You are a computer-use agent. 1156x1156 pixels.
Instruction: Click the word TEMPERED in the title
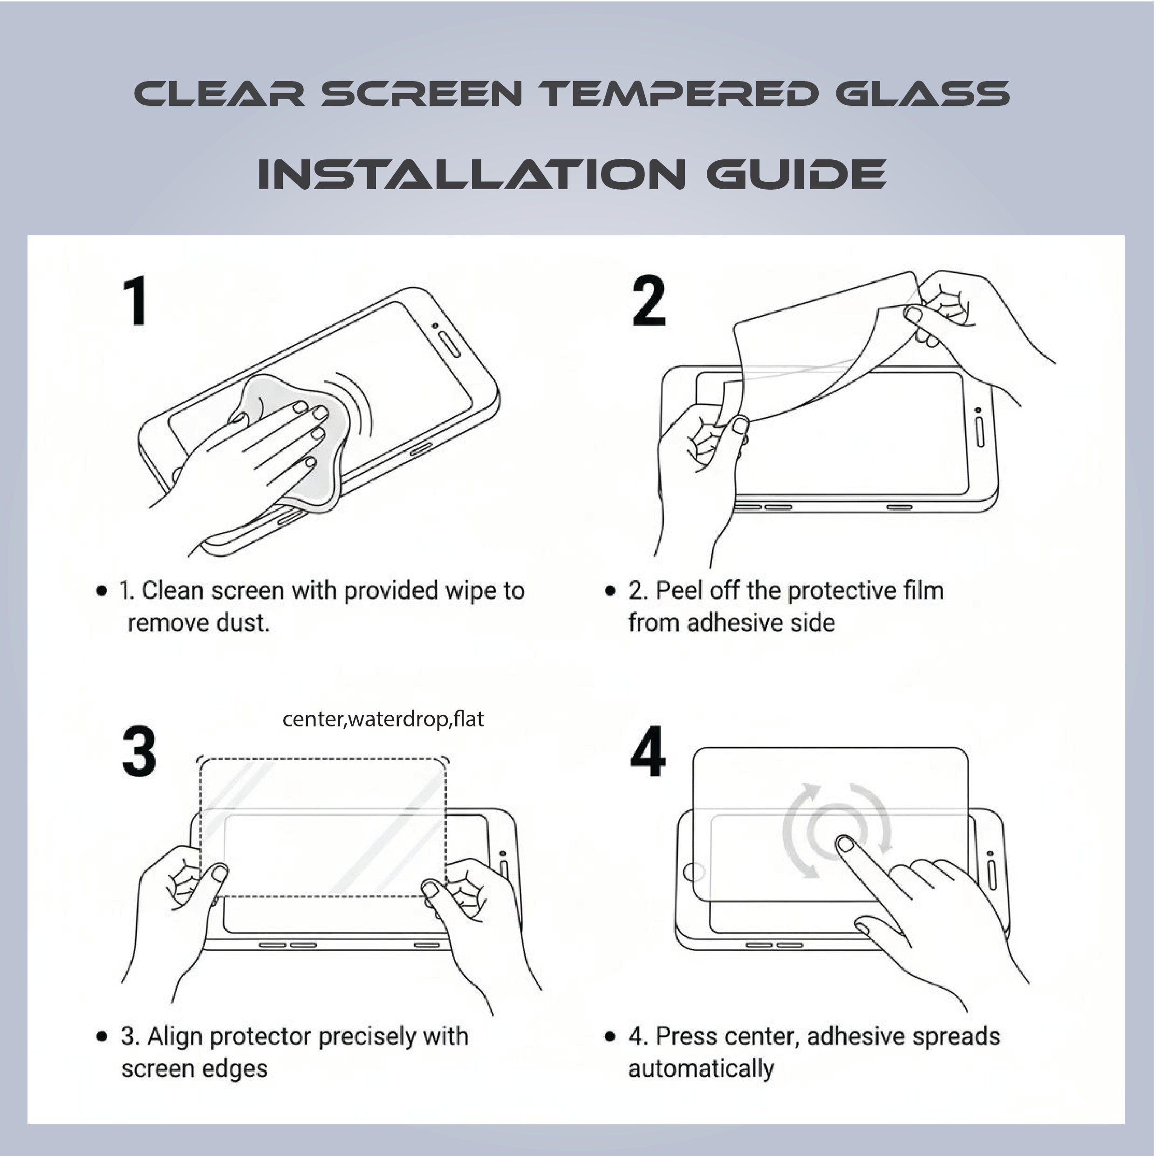point(678,94)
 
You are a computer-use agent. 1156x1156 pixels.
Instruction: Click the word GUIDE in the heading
point(796,174)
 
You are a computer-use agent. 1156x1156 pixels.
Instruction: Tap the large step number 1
point(136,301)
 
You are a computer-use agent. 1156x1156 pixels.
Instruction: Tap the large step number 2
point(649,301)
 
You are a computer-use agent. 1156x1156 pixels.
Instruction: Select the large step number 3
point(139,752)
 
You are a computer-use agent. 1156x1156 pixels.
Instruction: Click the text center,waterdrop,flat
point(383,718)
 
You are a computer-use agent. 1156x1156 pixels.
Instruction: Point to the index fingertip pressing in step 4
point(844,844)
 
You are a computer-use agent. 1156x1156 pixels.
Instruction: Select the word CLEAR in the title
point(219,94)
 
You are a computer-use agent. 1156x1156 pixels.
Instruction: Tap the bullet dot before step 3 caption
point(102,1036)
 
